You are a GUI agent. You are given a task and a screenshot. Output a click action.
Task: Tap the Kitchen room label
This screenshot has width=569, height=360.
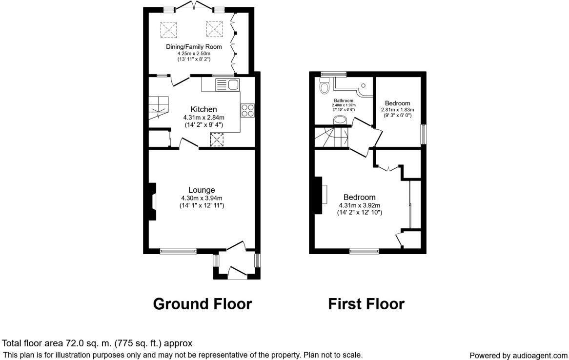(x=203, y=109)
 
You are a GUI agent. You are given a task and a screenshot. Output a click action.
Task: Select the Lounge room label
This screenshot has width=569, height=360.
(x=202, y=190)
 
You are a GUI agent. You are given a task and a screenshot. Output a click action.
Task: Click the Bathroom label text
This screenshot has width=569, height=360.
(x=344, y=100)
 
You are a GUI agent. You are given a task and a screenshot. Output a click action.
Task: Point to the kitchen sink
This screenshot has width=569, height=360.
(x=227, y=85)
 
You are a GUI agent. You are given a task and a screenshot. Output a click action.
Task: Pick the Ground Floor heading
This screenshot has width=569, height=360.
(x=202, y=304)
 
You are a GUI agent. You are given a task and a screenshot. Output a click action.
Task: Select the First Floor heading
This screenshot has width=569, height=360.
(x=366, y=304)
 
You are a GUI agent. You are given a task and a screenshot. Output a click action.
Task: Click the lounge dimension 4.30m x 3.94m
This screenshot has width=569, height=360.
(x=202, y=198)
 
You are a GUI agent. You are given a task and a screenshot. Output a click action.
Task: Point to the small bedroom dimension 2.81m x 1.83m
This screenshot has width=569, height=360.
(x=397, y=110)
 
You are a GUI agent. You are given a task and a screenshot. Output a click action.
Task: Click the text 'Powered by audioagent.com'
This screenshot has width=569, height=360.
(x=518, y=356)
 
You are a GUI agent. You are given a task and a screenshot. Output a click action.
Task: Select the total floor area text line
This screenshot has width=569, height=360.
(x=98, y=343)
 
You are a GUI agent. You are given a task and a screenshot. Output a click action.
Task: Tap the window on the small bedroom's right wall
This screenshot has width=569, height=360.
(x=424, y=134)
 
